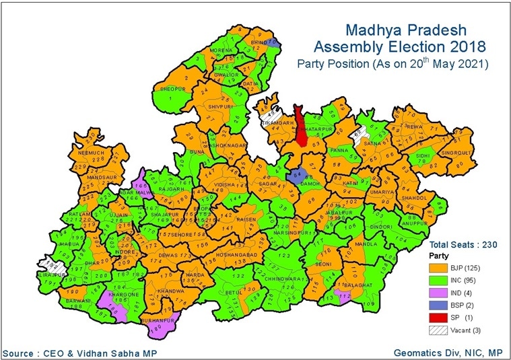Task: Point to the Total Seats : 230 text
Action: coord(463,245)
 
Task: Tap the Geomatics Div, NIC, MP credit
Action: coord(448,353)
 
